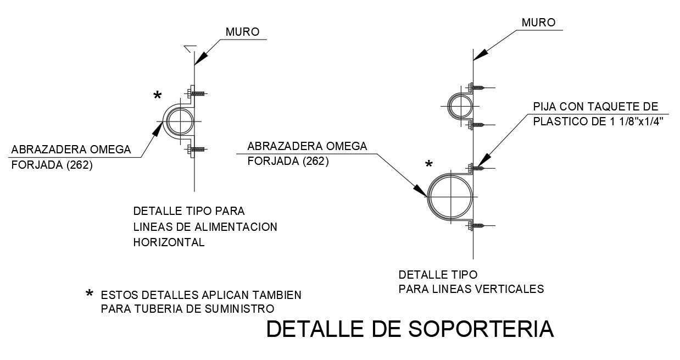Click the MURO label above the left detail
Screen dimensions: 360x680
pos(242,32)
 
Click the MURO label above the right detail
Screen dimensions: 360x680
pos(538,23)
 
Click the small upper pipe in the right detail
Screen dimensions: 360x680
pos(459,105)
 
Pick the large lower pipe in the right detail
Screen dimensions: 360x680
pos(449,195)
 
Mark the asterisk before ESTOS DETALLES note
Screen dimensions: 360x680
pos(90,295)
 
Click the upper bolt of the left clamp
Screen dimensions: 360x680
pos(196,93)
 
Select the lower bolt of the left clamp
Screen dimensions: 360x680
pos(196,149)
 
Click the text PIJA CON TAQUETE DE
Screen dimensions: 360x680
pos(595,107)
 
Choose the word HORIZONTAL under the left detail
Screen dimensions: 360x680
pos(169,242)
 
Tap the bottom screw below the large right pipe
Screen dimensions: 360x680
pos(478,225)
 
